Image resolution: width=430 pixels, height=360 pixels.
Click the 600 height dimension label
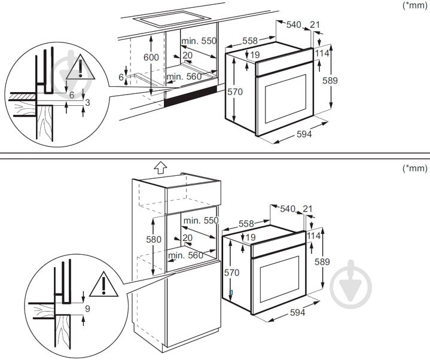point(151,57)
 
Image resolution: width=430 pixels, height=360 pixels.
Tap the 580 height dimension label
point(154,239)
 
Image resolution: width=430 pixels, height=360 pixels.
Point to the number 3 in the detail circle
point(87,103)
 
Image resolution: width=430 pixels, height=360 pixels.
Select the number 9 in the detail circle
point(88,310)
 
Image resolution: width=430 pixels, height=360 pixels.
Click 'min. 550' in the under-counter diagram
point(200,40)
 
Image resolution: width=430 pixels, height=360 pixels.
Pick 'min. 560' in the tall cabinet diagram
point(186,255)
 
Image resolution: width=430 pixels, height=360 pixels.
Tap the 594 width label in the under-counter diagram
point(304,134)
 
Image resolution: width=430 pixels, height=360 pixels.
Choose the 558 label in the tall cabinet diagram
point(246,223)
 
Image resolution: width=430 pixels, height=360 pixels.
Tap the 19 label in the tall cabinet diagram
point(251,237)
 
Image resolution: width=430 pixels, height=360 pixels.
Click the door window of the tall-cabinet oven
point(278,279)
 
